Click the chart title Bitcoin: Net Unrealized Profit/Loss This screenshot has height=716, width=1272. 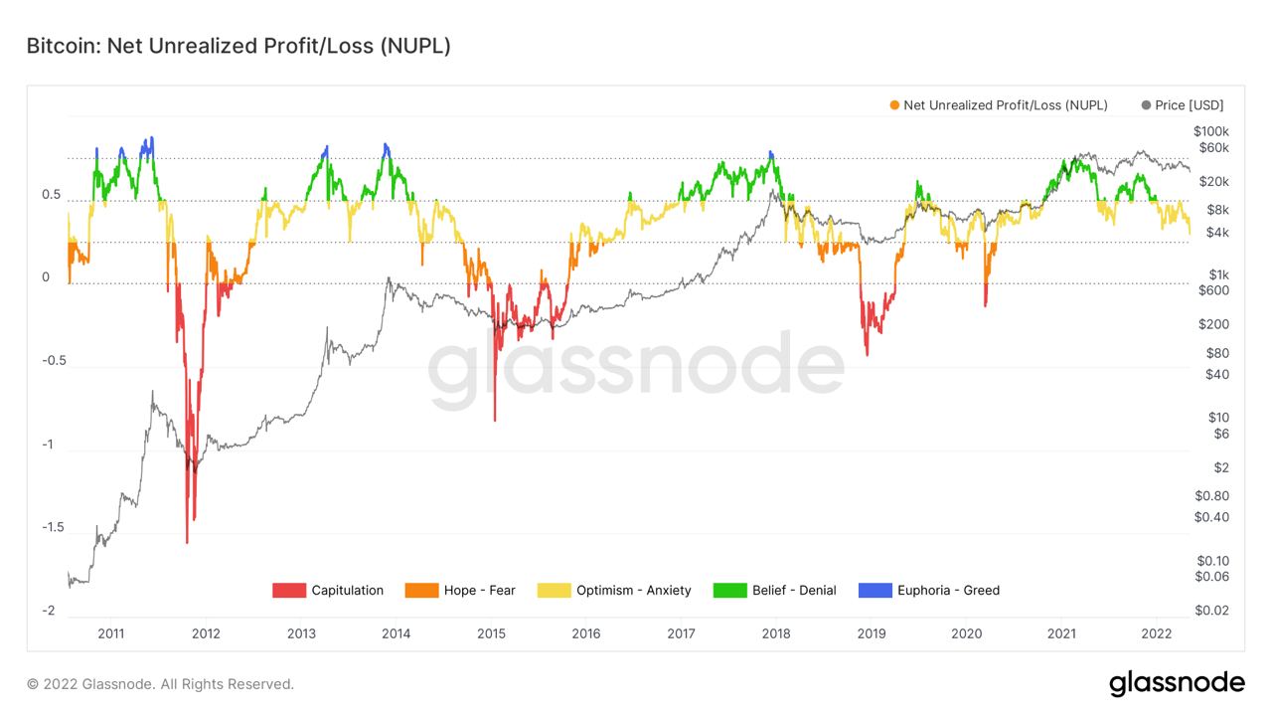(238, 46)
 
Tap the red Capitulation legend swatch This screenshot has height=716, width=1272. (289, 591)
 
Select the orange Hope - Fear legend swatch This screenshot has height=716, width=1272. (421, 591)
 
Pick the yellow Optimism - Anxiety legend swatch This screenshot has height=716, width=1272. (554, 591)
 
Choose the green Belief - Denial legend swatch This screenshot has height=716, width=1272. (729, 591)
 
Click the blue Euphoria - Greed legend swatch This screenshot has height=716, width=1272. (875, 591)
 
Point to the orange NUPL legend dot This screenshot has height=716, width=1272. (894, 105)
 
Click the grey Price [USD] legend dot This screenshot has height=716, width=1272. (1146, 105)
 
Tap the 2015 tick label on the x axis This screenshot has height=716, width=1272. (491, 633)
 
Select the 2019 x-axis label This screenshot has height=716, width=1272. (872, 633)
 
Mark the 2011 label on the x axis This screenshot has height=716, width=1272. (110, 633)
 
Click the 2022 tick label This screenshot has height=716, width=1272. (1156, 633)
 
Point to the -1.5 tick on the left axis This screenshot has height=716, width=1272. (53, 527)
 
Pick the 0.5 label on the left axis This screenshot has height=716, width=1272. (51, 194)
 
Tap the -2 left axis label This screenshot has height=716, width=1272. (49, 611)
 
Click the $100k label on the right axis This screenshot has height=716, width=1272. (1210, 131)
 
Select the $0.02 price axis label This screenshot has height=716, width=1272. (1211, 611)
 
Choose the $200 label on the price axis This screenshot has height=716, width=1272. (1213, 324)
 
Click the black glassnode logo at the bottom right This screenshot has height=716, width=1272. (1177, 682)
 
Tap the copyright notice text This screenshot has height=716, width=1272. (160, 684)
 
